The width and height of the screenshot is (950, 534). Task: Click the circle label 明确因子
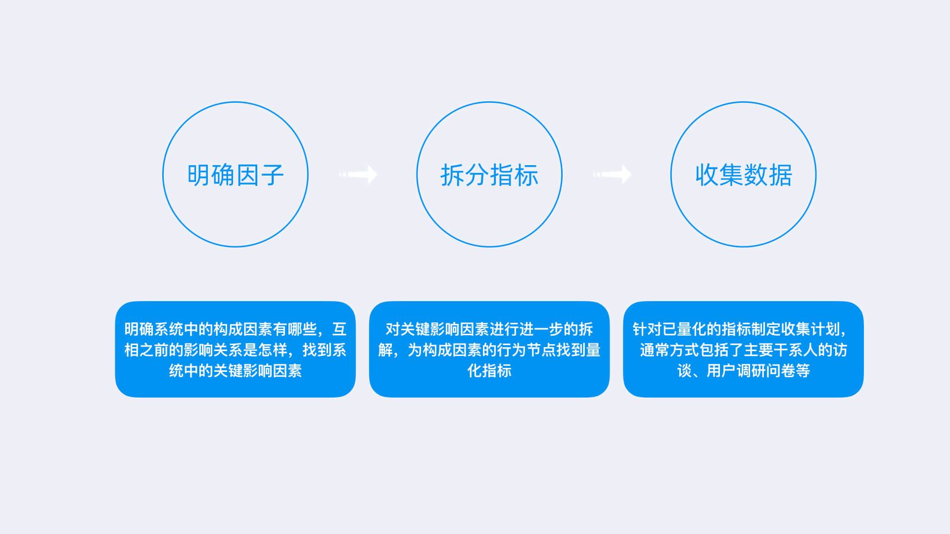coord(236,175)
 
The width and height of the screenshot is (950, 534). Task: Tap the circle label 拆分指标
coord(489,175)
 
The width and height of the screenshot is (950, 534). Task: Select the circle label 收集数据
coord(743,175)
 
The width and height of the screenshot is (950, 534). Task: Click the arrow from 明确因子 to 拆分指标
coord(358,174)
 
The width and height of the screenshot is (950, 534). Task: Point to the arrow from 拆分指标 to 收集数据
coord(612,174)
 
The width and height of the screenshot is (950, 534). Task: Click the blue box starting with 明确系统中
coord(236,349)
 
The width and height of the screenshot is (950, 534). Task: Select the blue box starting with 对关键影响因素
coord(489,349)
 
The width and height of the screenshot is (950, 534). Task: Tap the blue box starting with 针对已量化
coord(743,349)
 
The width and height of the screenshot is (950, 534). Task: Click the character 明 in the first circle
coord(199,175)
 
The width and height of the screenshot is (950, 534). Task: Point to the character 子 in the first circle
coord(272,175)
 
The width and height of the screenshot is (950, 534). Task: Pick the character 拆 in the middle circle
coord(453,175)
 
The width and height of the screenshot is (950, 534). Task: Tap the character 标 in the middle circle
coord(526,175)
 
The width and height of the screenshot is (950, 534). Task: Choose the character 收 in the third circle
coord(707,175)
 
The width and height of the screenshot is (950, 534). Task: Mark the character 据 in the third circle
coord(780,175)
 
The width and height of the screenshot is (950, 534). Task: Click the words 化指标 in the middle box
coord(489,371)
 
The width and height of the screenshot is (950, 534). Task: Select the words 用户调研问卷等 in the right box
coord(758,371)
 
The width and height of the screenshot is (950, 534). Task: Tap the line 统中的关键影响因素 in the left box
coord(236,371)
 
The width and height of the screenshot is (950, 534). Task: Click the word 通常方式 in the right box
coord(669,350)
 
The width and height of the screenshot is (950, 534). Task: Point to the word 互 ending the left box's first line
coord(339,329)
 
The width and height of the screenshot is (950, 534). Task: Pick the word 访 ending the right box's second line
coord(840,350)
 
